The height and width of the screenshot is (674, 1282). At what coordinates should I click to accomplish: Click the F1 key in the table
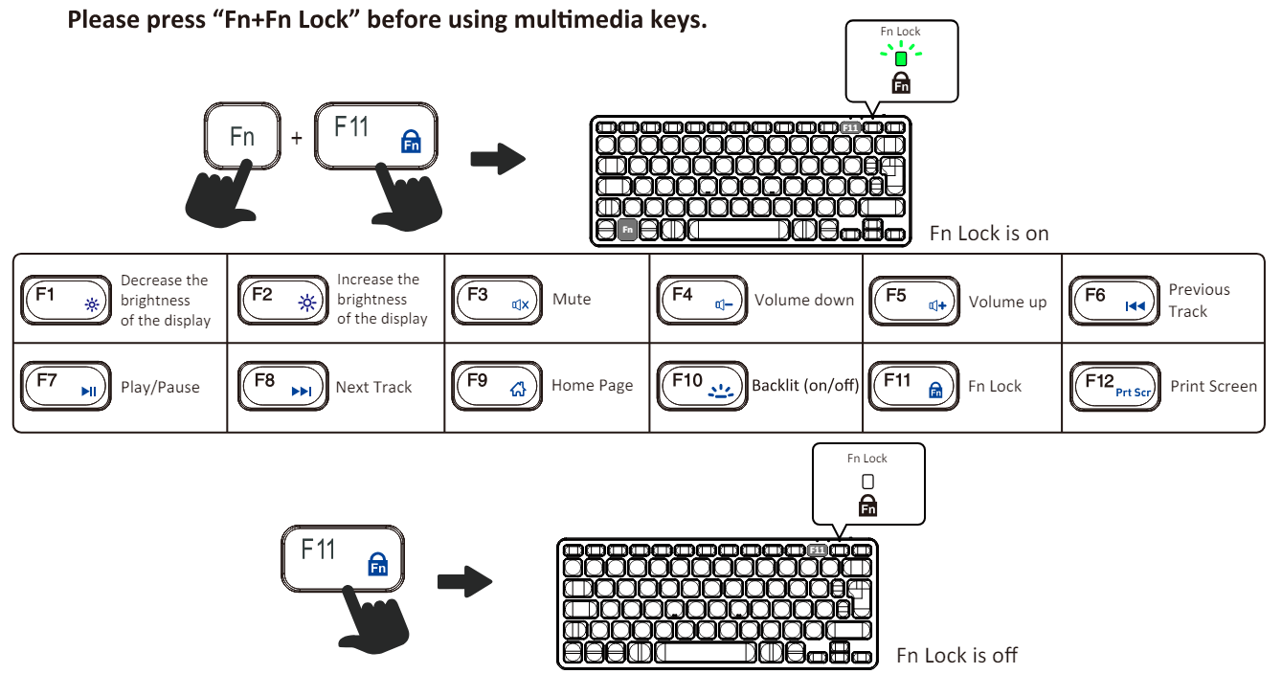tap(65, 299)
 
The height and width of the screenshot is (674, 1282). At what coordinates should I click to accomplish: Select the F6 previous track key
tap(1113, 301)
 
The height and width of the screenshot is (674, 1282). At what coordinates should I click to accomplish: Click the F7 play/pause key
tap(65, 386)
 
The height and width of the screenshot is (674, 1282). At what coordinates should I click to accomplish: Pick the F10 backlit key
tap(702, 386)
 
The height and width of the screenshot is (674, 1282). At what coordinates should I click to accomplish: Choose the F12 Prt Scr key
tap(1113, 386)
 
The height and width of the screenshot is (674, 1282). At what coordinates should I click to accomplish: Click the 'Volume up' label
tap(1007, 302)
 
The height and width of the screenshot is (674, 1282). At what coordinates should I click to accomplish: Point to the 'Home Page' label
tap(592, 386)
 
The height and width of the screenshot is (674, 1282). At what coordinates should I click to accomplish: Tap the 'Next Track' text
tap(373, 387)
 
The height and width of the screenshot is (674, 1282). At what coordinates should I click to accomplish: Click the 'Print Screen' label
tap(1213, 386)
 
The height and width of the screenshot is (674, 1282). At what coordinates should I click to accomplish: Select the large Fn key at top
tap(242, 137)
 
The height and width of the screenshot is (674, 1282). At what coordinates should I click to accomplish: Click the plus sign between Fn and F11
tap(297, 138)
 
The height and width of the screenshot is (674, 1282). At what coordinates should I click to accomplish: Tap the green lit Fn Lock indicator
tap(901, 58)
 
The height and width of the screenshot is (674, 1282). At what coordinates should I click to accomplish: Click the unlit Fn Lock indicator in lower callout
tap(868, 482)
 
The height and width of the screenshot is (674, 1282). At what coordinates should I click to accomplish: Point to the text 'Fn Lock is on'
tap(989, 234)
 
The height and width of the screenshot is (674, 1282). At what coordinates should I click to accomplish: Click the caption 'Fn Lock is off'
tap(956, 656)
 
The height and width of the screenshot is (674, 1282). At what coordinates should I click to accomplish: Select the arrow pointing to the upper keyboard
tap(498, 160)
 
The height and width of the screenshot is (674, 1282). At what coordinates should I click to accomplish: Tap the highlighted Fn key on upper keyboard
tap(627, 230)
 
